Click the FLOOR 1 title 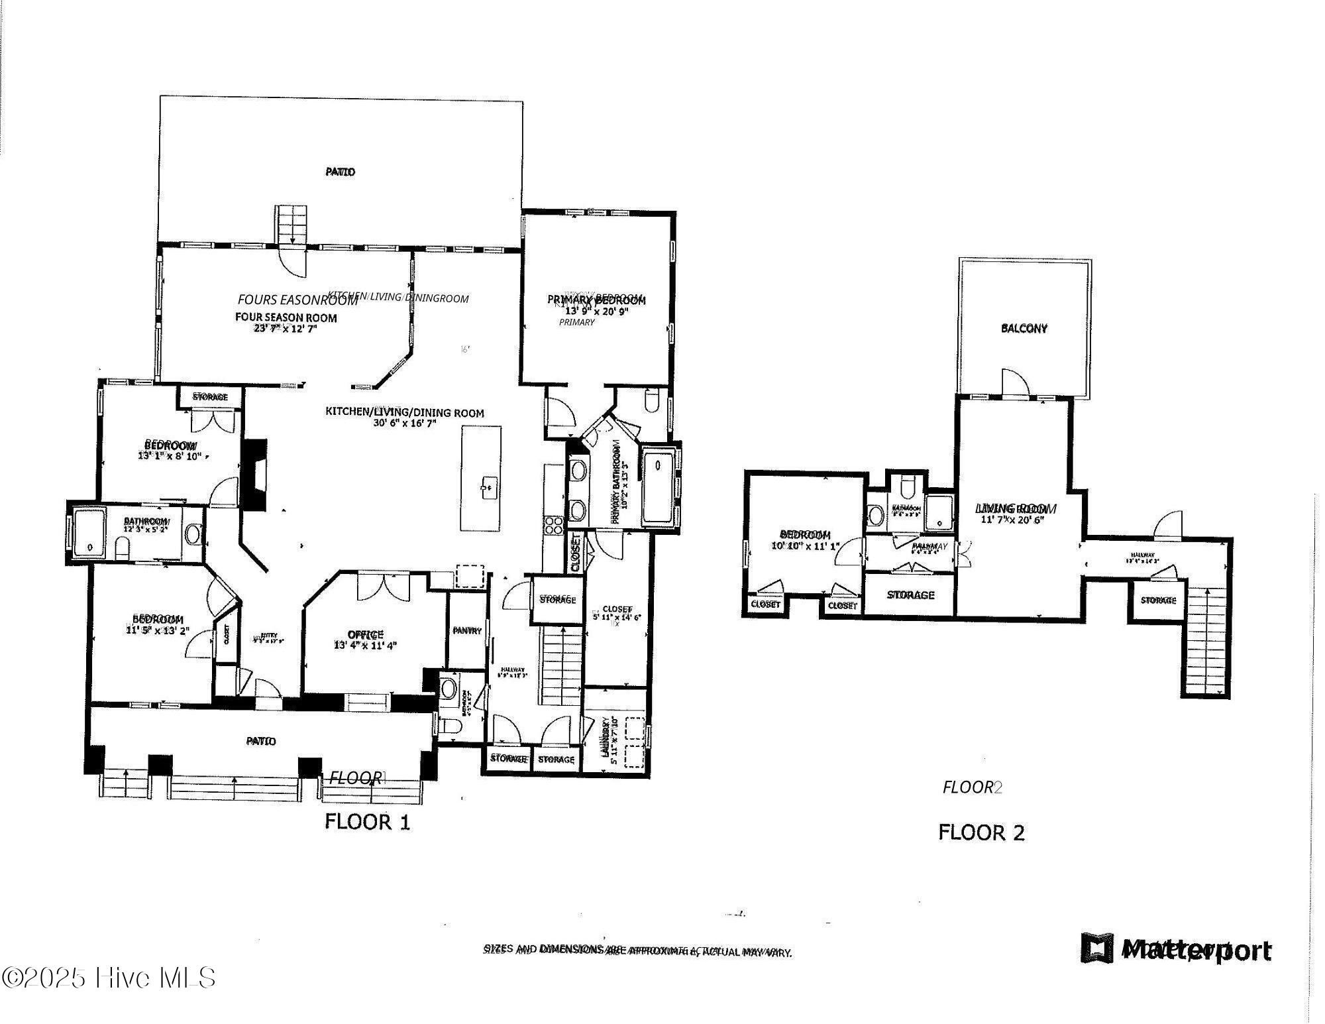click(367, 822)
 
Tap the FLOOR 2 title click(981, 832)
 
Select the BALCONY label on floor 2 click(1024, 328)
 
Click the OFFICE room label click(366, 634)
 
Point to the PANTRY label click(466, 631)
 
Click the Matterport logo click(1176, 949)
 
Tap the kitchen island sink click(488, 488)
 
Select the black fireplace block click(254, 473)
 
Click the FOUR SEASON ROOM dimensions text click(286, 328)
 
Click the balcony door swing click(1015, 383)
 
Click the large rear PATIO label click(340, 172)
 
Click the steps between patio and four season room click(292, 224)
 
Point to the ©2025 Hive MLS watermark click(109, 978)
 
